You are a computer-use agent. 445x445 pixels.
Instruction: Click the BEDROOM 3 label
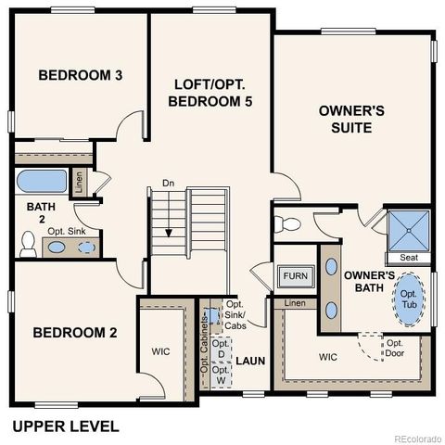click(80, 74)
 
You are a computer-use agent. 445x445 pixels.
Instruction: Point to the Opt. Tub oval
click(408, 300)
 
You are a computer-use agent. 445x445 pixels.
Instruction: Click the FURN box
click(294, 276)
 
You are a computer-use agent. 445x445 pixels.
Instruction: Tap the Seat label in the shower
click(409, 257)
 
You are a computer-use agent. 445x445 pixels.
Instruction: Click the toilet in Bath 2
click(28, 244)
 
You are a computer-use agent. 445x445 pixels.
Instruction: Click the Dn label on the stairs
click(168, 183)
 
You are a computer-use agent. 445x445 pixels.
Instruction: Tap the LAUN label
click(249, 360)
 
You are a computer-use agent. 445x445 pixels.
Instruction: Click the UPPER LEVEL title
click(65, 426)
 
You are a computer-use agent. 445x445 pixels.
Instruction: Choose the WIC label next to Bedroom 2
click(161, 351)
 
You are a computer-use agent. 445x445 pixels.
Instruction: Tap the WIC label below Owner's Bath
click(328, 356)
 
